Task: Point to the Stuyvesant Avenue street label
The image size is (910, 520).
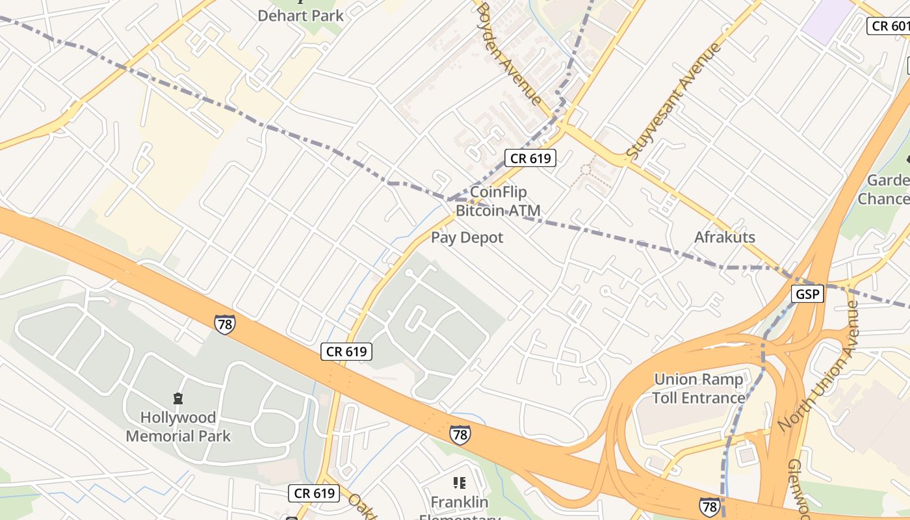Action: click(675, 101)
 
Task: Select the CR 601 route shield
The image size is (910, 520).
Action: click(889, 26)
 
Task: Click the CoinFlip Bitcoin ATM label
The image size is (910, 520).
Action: click(498, 201)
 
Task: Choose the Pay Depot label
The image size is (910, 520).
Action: click(467, 238)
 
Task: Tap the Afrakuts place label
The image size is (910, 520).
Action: click(725, 237)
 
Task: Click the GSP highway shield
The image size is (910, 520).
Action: click(807, 294)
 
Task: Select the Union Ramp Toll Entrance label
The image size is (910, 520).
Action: click(699, 389)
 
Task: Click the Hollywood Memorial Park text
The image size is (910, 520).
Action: click(178, 426)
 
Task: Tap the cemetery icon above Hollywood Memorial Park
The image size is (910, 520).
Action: click(178, 398)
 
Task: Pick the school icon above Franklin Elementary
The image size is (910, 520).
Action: click(460, 483)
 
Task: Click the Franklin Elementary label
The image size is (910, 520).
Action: click(460, 502)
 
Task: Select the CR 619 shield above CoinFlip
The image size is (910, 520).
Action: click(530, 158)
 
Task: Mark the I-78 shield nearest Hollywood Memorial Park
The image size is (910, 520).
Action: click(224, 324)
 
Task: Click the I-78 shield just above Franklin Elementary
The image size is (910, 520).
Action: click(460, 434)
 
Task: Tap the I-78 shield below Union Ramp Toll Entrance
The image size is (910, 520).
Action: click(709, 506)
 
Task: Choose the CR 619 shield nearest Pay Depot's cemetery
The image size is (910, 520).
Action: click(347, 352)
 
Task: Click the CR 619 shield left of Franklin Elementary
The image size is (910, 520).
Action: click(315, 493)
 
